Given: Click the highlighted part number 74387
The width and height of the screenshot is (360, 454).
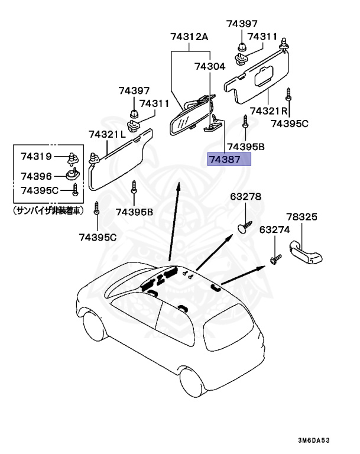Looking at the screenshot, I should pos(229,160).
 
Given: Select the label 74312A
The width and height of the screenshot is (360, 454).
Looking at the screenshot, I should pos(190,37).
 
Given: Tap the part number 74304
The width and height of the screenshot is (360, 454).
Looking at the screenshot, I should pos(209,67).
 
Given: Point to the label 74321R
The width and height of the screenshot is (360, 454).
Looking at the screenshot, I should pos(268,111).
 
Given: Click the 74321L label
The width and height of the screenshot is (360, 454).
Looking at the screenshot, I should pos(107,134).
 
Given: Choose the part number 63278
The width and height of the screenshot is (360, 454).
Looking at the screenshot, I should pos(245,196).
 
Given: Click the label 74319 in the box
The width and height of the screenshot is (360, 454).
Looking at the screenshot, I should pos(37,157).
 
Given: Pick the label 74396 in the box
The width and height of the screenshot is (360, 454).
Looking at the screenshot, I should pos(37,176).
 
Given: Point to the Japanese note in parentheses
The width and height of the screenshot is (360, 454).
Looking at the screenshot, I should pos(48,210).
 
